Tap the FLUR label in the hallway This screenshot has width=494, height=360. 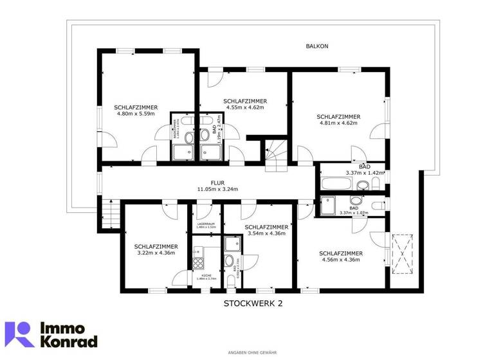click(x=217, y=183)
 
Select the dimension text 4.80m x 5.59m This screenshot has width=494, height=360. click(x=136, y=114)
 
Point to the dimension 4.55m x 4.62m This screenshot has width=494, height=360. click(x=245, y=107)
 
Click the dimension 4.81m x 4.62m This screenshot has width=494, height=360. click(x=338, y=123)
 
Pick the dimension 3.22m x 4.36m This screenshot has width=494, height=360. click(x=156, y=253)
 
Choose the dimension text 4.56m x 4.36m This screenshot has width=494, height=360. click(x=340, y=260)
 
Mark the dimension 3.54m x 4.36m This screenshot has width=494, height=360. click(x=266, y=233)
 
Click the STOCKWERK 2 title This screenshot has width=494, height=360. click(x=253, y=303)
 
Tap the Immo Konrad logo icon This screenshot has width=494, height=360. click(x=19, y=334)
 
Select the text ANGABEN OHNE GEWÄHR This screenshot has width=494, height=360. click(x=247, y=352)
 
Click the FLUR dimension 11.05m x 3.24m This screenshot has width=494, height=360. click(x=217, y=190)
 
